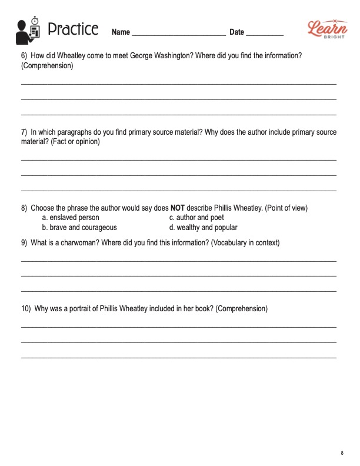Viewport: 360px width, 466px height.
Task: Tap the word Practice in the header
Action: click(72, 29)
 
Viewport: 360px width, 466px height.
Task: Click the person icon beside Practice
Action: click(29, 30)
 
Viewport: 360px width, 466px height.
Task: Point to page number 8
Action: click(342, 452)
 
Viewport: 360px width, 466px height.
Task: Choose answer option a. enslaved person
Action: click(74, 218)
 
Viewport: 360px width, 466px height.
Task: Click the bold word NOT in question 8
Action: click(178, 208)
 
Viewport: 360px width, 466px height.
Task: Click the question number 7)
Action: click(24, 132)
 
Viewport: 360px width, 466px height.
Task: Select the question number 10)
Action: click(26, 308)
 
